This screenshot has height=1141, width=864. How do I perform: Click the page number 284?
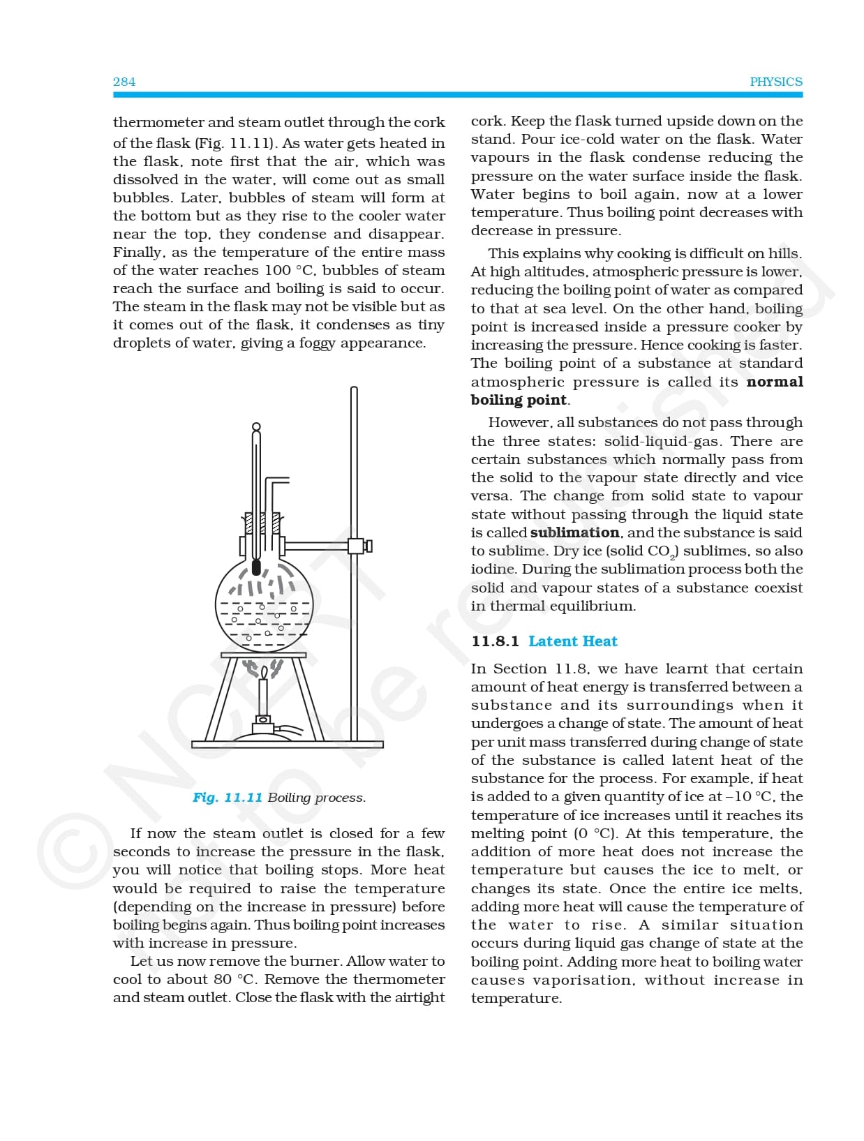124,82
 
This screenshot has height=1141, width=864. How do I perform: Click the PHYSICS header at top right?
776,82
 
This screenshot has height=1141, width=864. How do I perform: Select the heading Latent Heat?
572,641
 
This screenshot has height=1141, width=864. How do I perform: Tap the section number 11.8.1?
495,641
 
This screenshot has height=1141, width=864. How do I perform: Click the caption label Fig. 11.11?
228,798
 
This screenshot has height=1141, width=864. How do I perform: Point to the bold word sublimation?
574,532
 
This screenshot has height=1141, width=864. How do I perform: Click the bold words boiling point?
519,400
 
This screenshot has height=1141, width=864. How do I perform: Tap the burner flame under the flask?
264,673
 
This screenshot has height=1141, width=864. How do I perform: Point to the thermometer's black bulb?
256,567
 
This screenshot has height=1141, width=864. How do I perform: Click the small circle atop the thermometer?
256,426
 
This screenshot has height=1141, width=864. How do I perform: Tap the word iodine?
493,569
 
